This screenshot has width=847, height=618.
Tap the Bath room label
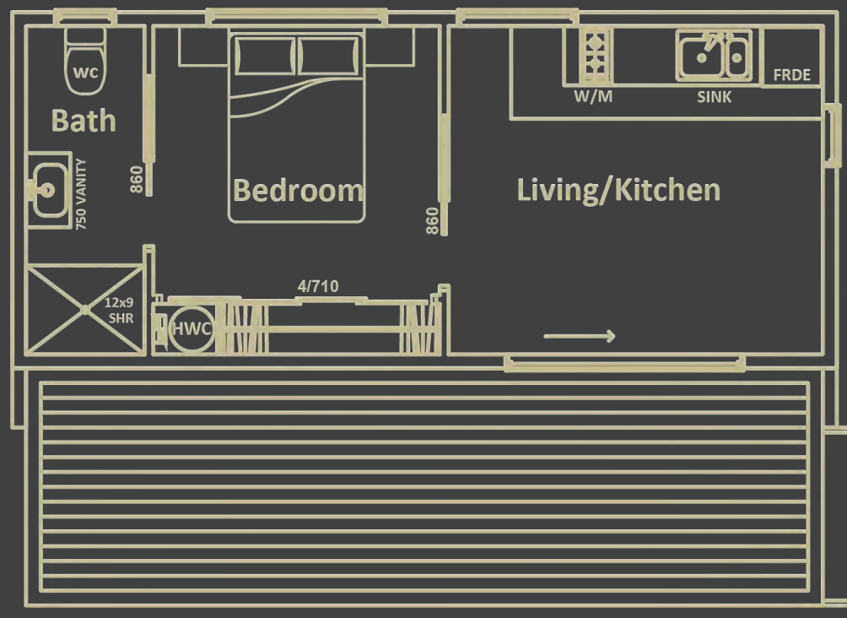(84, 121)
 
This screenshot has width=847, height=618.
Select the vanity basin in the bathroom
(50, 190)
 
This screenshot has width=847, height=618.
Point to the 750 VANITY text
(81, 194)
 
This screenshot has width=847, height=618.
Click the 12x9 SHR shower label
(120, 311)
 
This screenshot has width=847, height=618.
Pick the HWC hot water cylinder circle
(192, 328)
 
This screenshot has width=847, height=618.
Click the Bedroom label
(298, 190)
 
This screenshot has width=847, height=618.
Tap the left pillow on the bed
(265, 56)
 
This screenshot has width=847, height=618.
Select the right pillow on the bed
(328, 56)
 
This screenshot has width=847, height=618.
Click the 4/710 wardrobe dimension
(318, 286)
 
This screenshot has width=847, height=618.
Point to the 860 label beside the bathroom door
(137, 180)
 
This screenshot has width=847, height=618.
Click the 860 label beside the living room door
(432, 221)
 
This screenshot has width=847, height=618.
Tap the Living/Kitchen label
(618, 190)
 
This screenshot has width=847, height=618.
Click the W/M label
(593, 97)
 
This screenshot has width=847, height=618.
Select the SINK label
(714, 97)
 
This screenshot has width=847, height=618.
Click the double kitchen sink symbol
(714, 56)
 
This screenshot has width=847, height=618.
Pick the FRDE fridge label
(792, 75)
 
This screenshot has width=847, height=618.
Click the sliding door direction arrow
(580, 336)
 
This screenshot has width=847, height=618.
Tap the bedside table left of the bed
(203, 46)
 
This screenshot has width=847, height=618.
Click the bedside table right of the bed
(390, 46)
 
